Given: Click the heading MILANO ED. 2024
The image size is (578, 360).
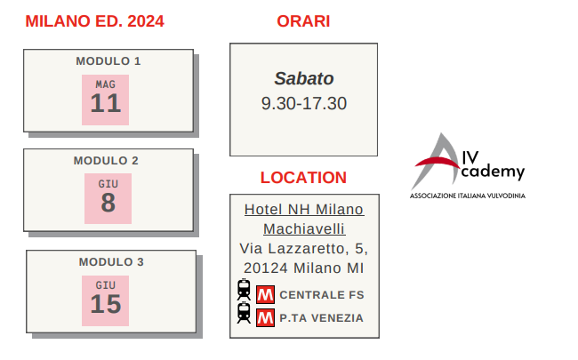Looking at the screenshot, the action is [x=94, y=21].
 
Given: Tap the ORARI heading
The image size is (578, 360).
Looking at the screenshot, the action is [x=303, y=21].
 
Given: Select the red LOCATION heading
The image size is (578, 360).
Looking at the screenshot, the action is [x=303, y=178].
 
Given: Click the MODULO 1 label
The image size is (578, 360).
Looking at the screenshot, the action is [x=108, y=61].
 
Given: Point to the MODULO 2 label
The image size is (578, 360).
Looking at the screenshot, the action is [x=106, y=161].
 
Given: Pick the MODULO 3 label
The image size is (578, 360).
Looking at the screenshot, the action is [x=111, y=262].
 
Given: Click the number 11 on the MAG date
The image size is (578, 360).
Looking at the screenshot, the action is [x=106, y=103].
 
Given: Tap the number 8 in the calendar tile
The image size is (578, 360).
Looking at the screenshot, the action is [x=108, y=203].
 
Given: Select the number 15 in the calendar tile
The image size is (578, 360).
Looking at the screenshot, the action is [x=106, y=304].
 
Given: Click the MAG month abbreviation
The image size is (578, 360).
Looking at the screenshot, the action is [x=106, y=84].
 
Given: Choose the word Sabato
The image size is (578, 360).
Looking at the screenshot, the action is [x=304, y=78].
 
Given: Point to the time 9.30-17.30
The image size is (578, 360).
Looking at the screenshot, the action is [x=304, y=103].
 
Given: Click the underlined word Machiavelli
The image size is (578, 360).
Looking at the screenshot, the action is [x=304, y=228].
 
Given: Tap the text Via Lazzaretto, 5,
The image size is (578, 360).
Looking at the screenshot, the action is [x=304, y=248].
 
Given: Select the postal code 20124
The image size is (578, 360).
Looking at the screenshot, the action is [x=265, y=268].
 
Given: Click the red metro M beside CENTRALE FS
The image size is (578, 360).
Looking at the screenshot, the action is [x=265, y=295].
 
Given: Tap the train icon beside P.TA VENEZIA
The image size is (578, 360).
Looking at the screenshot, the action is [x=244, y=313].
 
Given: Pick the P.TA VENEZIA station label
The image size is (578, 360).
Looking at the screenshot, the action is [x=321, y=318].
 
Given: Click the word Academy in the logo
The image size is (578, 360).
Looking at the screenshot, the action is [x=492, y=172].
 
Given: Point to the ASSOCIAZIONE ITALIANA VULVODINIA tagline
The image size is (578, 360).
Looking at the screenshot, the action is [x=468, y=196].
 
